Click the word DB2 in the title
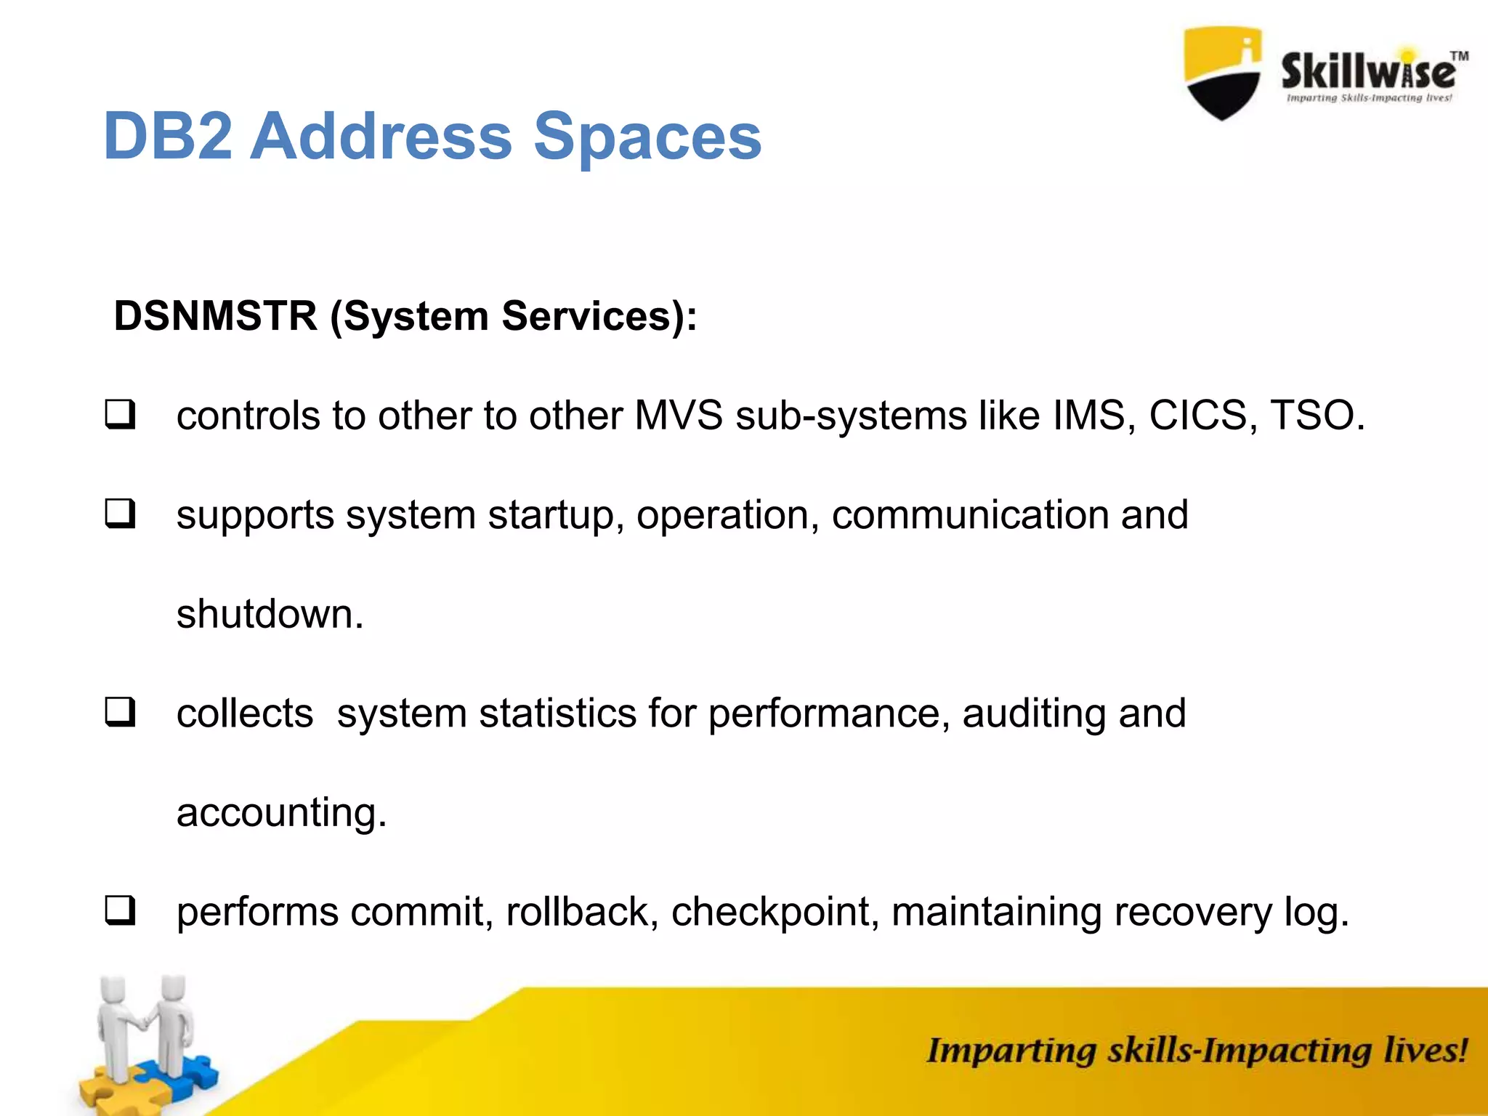168,137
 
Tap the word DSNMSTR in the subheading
216,317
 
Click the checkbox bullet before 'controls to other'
120,415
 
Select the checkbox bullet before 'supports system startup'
120,514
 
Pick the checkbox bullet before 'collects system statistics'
120,712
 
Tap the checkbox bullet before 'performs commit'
120,910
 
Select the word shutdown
270,614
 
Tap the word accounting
281,813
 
